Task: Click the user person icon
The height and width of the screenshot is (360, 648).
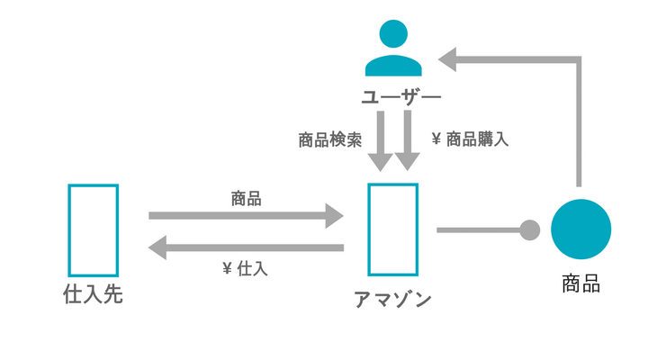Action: click(393, 48)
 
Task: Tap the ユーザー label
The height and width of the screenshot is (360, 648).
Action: click(401, 97)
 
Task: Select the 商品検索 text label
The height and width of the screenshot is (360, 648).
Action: click(329, 140)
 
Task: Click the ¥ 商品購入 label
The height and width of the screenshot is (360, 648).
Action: click(470, 139)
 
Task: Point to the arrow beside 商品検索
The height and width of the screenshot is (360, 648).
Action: click(380, 141)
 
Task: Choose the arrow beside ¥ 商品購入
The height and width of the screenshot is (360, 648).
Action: click(408, 140)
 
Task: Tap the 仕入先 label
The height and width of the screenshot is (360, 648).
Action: click(93, 294)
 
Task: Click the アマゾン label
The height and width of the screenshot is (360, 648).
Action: click(392, 300)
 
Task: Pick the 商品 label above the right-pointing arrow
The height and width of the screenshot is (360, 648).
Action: click(246, 199)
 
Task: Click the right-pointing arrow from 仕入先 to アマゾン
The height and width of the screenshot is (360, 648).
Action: click(246, 216)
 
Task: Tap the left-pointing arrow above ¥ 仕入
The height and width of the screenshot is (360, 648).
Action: click(246, 247)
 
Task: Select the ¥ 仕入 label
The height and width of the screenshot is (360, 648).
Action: click(245, 269)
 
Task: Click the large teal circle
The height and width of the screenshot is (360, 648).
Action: click(580, 229)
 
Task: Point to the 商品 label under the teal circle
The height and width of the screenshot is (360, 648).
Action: click(580, 284)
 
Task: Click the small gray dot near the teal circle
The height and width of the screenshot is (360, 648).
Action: click(529, 230)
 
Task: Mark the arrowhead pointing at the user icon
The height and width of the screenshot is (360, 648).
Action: click(447, 59)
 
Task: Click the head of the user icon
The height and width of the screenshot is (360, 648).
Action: click(393, 34)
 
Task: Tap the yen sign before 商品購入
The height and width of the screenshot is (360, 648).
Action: click(436, 139)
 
